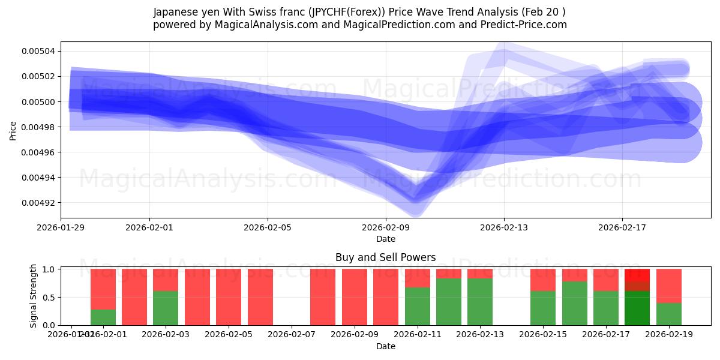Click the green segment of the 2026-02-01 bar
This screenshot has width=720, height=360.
click(103, 317)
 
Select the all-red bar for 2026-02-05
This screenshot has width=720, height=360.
click(229, 297)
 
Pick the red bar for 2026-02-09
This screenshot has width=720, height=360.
click(354, 297)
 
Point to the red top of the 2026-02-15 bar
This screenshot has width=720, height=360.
click(542, 280)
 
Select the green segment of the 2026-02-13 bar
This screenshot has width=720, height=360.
click(479, 302)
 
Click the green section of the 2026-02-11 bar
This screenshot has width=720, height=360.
click(417, 307)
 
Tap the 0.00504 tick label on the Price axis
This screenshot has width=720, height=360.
click(38, 51)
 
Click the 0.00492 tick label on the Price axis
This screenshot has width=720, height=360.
click(38, 203)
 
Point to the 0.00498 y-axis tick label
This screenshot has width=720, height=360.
click(38, 127)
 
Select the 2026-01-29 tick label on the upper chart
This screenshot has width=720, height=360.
click(61, 227)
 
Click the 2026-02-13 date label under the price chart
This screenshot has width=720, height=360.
click(503, 227)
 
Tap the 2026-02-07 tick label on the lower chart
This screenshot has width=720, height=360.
click(292, 335)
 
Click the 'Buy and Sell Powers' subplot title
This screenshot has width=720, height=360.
click(385, 257)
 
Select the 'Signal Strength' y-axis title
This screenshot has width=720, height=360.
click(34, 296)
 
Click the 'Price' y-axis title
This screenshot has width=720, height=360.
click(13, 130)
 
